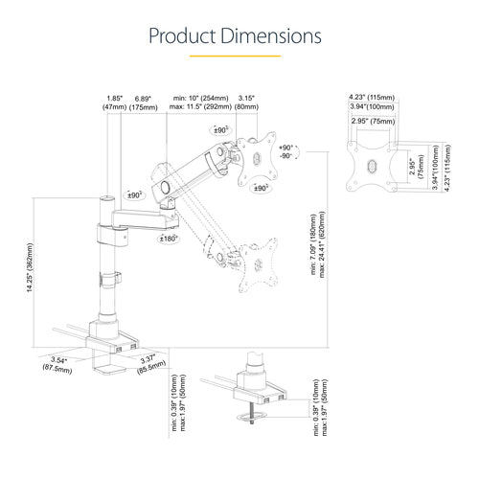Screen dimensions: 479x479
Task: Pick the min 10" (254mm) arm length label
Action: click(x=201, y=99)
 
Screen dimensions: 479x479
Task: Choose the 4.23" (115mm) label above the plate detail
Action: click(x=368, y=97)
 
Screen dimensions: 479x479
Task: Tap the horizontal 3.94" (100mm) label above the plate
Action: click(x=368, y=109)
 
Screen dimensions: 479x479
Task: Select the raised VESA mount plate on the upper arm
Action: click(x=257, y=153)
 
